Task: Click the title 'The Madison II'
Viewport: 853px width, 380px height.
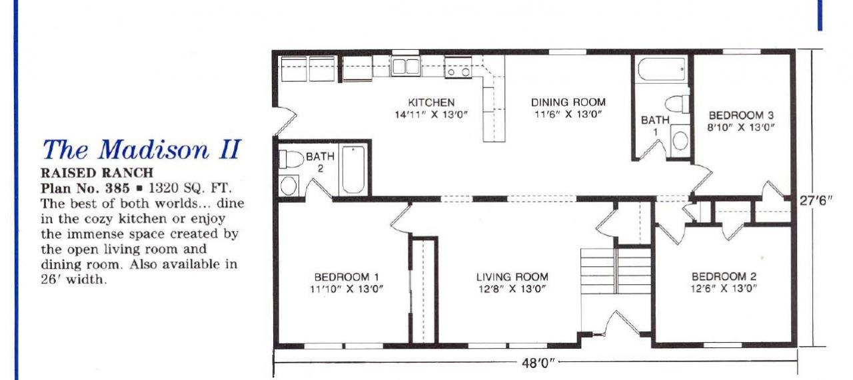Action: click(142, 150)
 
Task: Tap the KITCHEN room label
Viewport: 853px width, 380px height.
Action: click(431, 102)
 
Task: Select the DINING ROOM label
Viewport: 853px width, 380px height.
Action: click(568, 102)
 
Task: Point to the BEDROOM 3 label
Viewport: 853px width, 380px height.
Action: click(741, 115)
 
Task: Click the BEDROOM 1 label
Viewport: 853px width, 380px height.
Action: click(347, 277)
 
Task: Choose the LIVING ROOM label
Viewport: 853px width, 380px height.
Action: click(512, 277)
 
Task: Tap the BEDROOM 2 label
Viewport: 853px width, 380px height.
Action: click(724, 276)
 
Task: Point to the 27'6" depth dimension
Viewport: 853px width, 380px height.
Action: click(816, 200)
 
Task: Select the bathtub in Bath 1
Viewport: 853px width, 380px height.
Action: click(662, 69)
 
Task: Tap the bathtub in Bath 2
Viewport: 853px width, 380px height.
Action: click(353, 170)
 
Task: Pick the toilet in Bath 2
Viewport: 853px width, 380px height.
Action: click(292, 159)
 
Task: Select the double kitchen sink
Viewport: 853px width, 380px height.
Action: click(406, 67)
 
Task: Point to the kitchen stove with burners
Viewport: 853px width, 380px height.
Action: click(458, 68)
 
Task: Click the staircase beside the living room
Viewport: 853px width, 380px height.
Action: click(616, 271)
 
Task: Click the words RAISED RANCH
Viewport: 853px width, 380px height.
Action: click(97, 173)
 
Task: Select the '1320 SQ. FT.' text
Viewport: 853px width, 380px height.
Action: click(189, 188)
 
